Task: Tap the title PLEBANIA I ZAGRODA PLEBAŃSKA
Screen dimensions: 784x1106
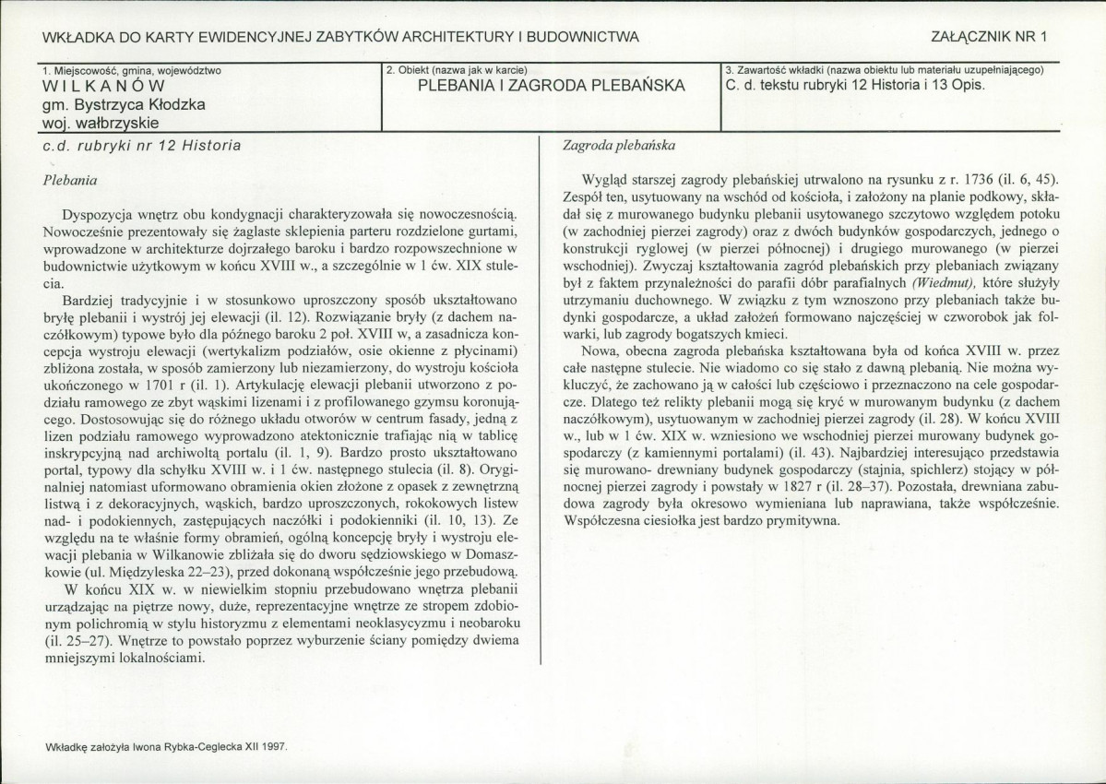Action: [551, 86]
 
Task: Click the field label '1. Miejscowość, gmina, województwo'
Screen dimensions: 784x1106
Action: [131, 69]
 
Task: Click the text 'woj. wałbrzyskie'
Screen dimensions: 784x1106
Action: [101, 122]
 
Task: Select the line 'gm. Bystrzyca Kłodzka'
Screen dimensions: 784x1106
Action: [124, 104]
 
